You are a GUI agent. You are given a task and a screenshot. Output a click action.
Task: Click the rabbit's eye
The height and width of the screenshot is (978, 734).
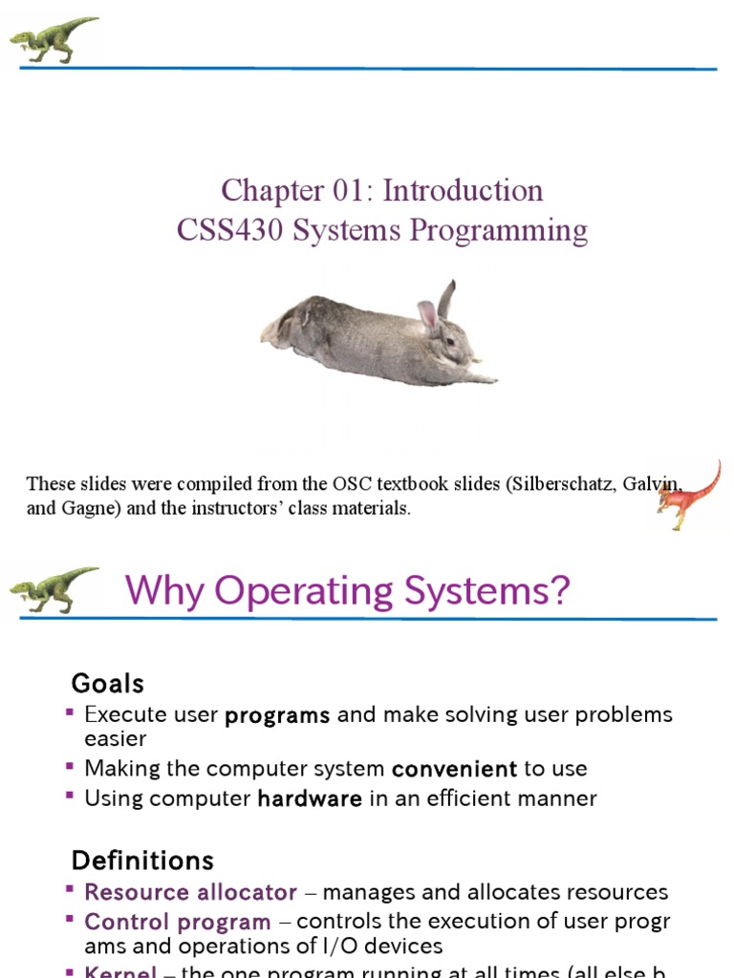[449, 340]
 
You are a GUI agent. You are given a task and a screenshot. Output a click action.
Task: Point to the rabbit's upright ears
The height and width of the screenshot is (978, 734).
[437, 305]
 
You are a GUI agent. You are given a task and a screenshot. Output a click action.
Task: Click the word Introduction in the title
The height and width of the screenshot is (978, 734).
[464, 190]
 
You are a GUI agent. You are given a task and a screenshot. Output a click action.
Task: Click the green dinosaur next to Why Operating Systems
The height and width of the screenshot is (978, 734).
[54, 589]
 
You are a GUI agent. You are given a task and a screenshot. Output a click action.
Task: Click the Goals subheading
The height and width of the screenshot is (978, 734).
[108, 683]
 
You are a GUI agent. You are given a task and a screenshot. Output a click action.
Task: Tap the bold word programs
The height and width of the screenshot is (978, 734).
[277, 715]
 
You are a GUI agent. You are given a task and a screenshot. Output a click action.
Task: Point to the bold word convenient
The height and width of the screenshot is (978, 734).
[454, 769]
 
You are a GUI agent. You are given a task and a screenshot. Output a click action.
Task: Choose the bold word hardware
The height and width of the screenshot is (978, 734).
[310, 798]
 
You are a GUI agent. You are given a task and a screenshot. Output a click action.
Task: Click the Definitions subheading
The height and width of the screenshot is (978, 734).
[142, 861]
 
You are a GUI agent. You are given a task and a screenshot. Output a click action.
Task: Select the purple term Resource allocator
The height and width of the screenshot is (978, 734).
[190, 892]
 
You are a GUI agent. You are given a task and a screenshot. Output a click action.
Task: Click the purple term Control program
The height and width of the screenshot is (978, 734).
[178, 922]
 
